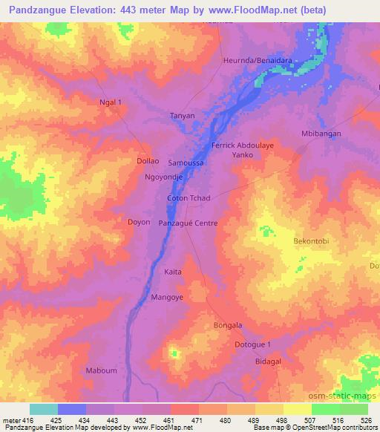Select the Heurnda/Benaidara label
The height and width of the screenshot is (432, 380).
(x=257, y=60)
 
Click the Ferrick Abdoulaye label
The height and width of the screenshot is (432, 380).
(x=243, y=145)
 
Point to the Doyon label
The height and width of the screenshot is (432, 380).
(x=139, y=222)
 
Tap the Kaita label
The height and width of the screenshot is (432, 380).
(x=172, y=272)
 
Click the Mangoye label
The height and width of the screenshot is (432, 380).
(x=167, y=297)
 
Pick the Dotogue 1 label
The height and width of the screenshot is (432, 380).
(x=253, y=344)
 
